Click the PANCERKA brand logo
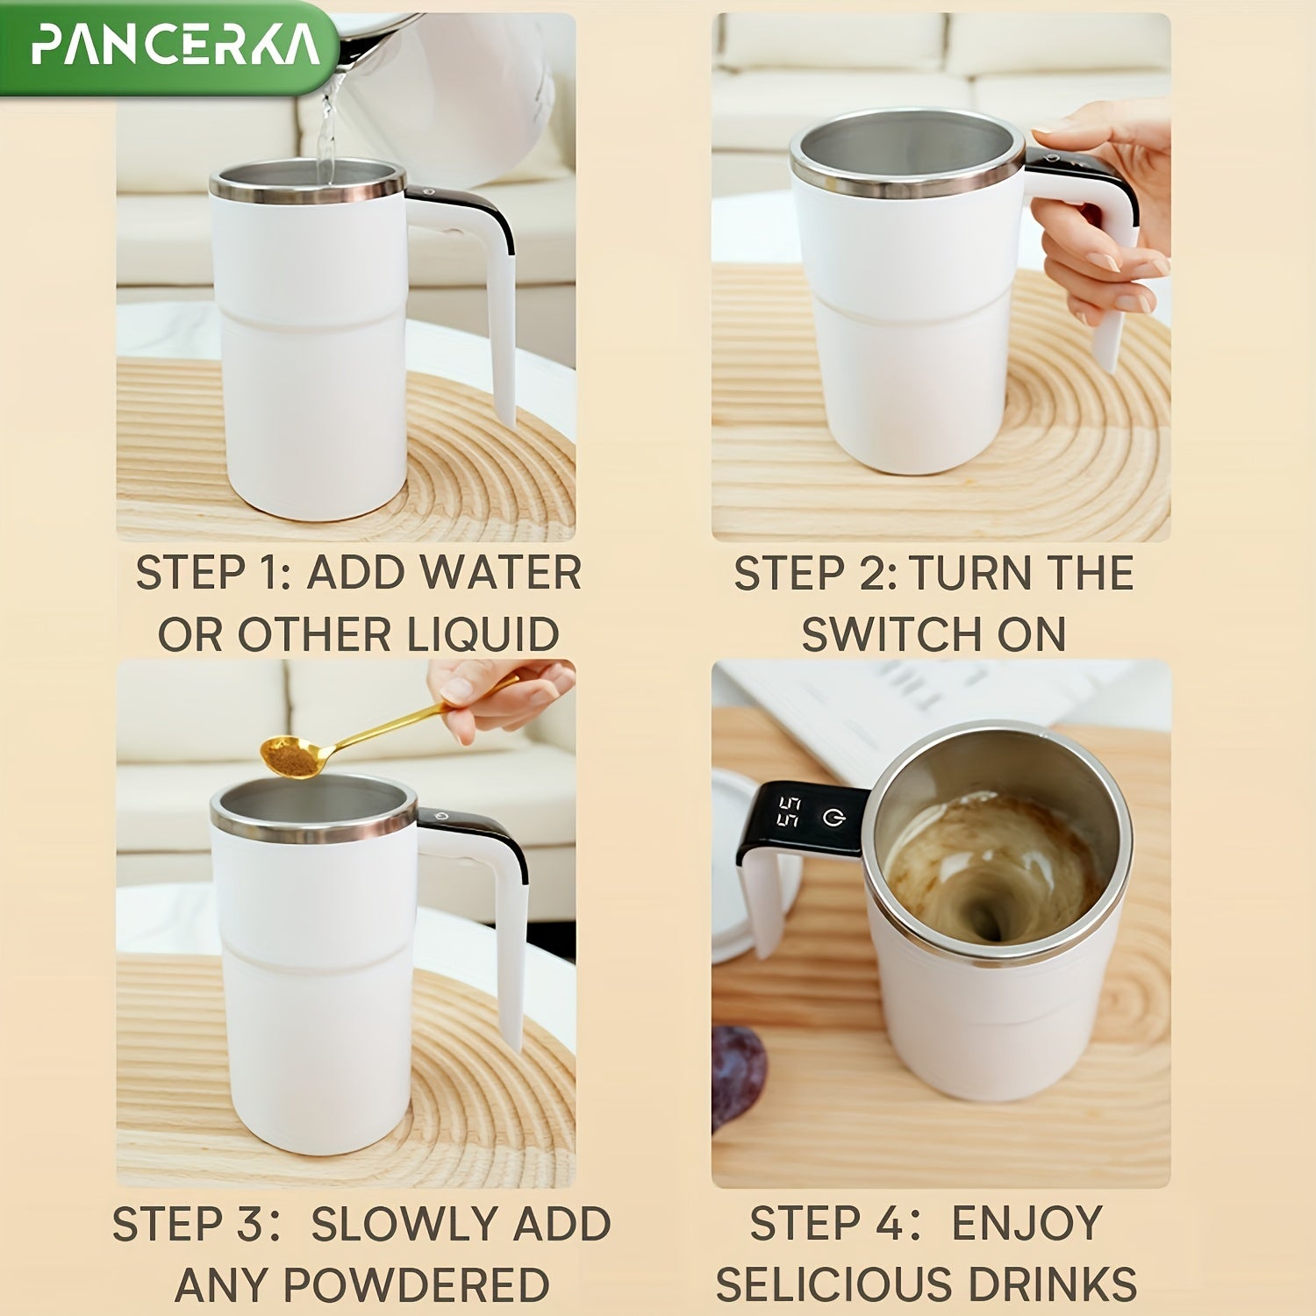[175, 46]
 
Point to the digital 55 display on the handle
[789, 812]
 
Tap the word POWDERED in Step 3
[417, 1286]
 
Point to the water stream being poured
[326, 132]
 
